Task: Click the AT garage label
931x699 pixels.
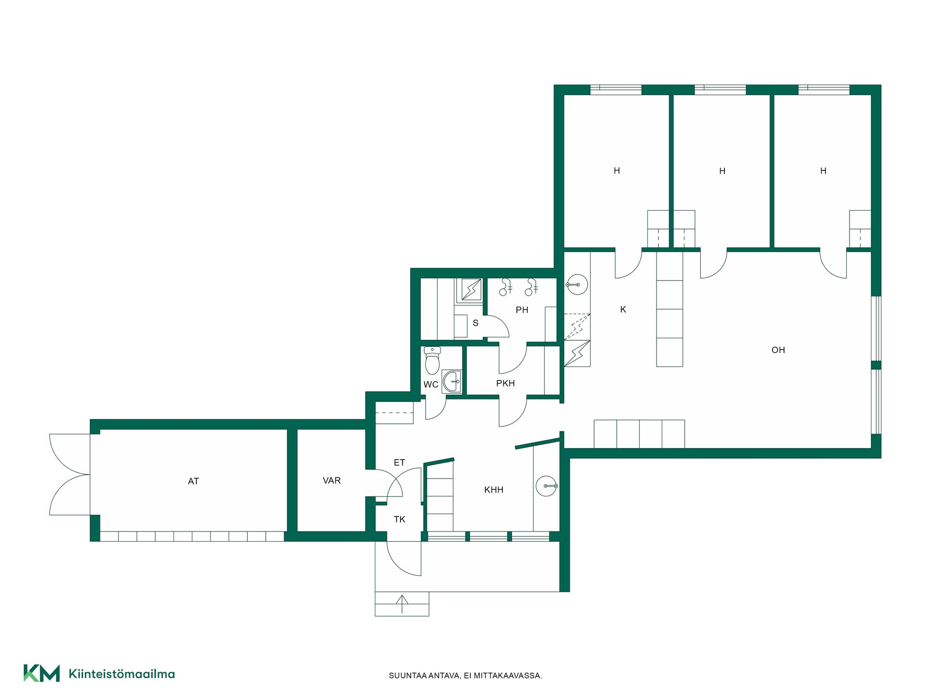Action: click(x=193, y=481)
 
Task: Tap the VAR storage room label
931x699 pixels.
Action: click(x=332, y=481)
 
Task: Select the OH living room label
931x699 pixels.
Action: click(x=778, y=350)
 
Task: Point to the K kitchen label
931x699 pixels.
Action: click(x=623, y=310)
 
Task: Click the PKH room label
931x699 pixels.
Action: click(x=505, y=383)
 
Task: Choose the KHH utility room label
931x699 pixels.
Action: click(x=494, y=490)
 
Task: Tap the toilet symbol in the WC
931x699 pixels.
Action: click(x=432, y=361)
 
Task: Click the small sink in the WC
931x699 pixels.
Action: click(x=452, y=382)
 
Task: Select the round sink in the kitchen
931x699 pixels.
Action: click(x=577, y=285)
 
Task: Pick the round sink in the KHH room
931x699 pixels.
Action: click(x=546, y=486)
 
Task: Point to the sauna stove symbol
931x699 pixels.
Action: click(x=471, y=290)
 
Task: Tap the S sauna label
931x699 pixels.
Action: click(x=475, y=323)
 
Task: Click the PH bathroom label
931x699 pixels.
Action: click(x=522, y=310)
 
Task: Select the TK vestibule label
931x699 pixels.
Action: click(x=399, y=519)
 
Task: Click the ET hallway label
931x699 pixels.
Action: click(x=399, y=463)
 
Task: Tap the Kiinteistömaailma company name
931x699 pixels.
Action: click(x=122, y=674)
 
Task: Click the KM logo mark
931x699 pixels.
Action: click(x=42, y=673)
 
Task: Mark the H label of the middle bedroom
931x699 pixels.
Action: click(x=722, y=171)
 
